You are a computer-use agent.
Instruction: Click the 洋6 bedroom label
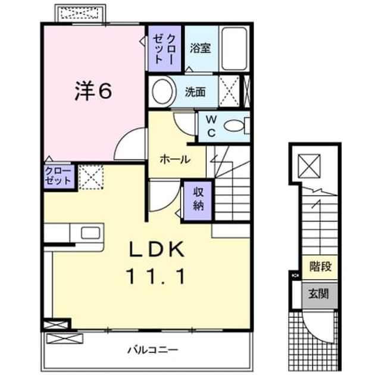(93, 91)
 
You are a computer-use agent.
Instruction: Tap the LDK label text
(157, 249)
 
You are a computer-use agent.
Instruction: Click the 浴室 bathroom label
(201, 48)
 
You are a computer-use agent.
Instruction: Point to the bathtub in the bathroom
(234, 49)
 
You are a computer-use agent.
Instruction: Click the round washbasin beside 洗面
(162, 92)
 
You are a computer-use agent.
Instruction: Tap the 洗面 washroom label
(195, 92)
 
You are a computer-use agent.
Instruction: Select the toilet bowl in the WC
(234, 126)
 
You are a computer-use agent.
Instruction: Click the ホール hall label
(175, 160)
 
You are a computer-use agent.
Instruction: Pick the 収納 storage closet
(198, 201)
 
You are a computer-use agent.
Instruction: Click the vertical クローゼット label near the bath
(164, 49)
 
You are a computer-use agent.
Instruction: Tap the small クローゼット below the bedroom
(58, 176)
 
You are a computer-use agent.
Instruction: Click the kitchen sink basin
(90, 233)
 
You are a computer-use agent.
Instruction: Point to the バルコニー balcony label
(152, 351)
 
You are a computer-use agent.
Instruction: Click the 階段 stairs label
(320, 266)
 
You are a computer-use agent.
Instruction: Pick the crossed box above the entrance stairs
(309, 165)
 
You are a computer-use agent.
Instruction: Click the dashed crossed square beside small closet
(91, 177)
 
